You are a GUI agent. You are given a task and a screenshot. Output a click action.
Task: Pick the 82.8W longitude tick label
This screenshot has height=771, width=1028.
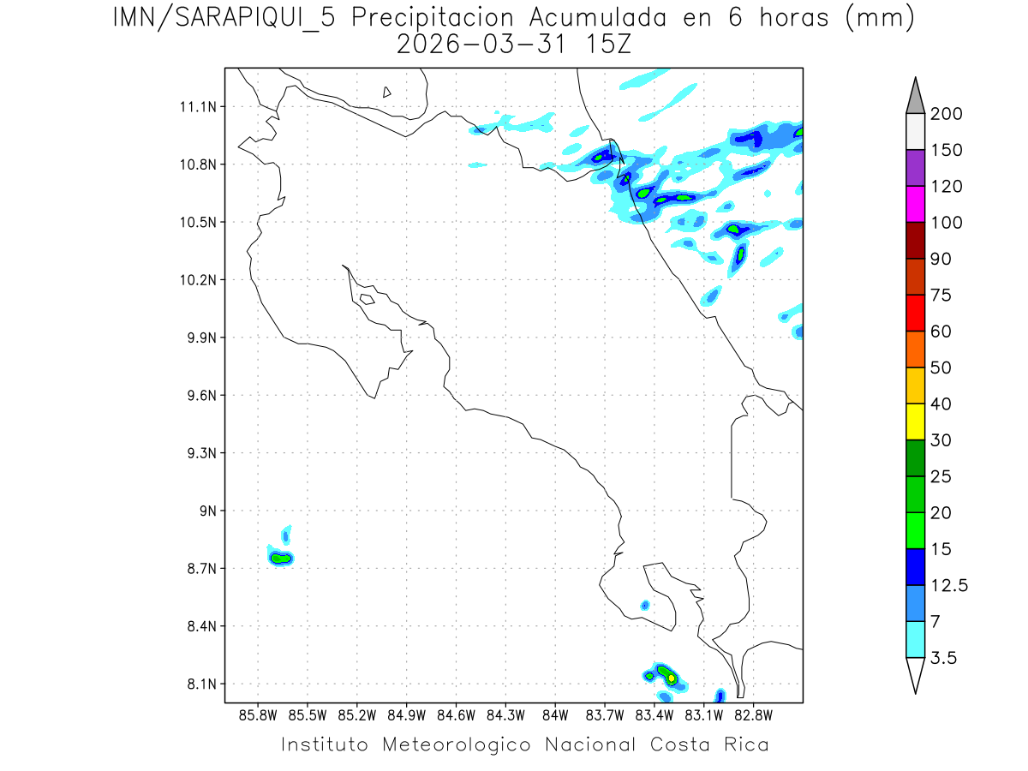(x=753, y=715)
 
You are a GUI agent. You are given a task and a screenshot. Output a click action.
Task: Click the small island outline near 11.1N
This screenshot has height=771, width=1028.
(x=387, y=92)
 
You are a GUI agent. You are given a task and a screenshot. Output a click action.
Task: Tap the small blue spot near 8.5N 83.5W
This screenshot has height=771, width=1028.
(x=644, y=606)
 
